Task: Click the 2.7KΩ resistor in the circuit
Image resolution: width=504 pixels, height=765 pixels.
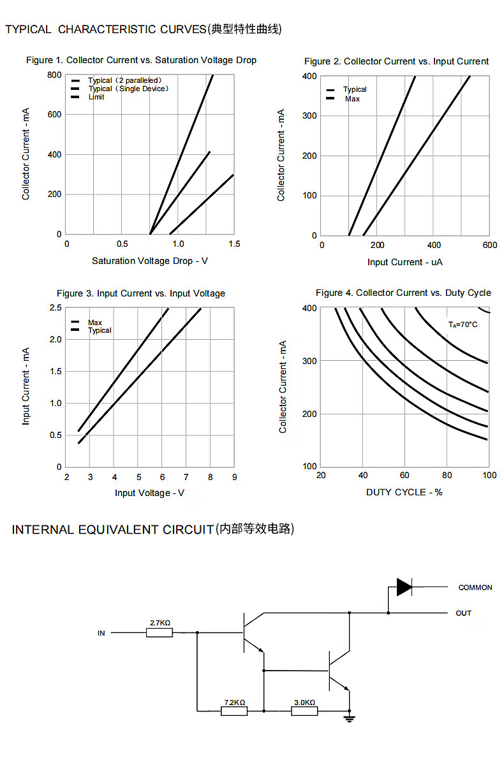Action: tap(159, 632)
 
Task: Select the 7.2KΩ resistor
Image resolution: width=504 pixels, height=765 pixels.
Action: tap(234, 711)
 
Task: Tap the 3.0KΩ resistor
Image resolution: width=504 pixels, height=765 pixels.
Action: tap(304, 711)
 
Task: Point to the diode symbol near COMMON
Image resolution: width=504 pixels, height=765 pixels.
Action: tap(404, 586)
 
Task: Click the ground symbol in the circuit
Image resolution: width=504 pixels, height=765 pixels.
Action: tap(349, 718)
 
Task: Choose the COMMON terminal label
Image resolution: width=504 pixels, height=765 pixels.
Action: tap(475, 587)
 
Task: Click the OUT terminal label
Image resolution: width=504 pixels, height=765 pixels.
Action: tap(463, 613)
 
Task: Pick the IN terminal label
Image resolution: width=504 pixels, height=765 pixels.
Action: tap(101, 633)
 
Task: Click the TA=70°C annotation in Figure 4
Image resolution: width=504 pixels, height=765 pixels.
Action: tap(463, 324)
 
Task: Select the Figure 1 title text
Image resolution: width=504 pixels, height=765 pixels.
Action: tap(141, 60)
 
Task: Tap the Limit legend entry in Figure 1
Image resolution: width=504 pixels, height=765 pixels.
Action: tap(96, 97)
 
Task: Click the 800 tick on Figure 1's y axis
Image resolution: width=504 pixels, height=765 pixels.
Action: tap(54, 75)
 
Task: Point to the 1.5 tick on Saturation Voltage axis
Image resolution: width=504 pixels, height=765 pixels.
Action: tap(234, 244)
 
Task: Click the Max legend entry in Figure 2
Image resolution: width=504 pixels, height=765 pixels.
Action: tap(352, 99)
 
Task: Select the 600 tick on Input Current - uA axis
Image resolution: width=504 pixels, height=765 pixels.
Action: tap(489, 245)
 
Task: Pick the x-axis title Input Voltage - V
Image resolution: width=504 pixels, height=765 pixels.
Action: tap(150, 493)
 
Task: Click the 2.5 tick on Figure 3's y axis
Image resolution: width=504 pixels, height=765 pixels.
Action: tap(56, 308)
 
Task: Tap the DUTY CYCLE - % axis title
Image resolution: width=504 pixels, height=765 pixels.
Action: tap(404, 492)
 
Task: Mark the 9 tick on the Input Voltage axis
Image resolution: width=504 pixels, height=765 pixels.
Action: tap(234, 477)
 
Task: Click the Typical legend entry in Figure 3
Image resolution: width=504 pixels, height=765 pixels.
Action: tap(100, 330)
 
